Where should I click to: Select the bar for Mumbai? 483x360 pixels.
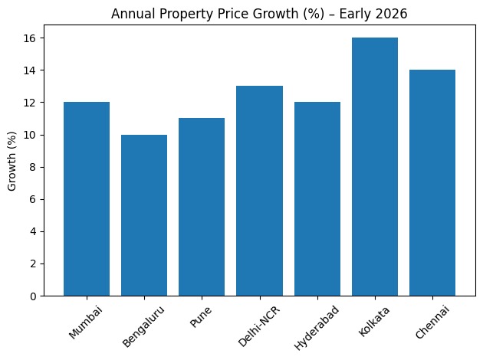click(87, 199)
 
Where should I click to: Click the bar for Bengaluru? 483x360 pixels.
click(144, 215)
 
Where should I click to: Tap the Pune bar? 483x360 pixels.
click(202, 207)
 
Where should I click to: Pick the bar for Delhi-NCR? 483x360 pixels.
click(259, 191)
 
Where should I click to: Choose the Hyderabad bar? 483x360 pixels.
click(317, 199)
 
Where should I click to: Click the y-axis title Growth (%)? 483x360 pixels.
click(13, 167)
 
